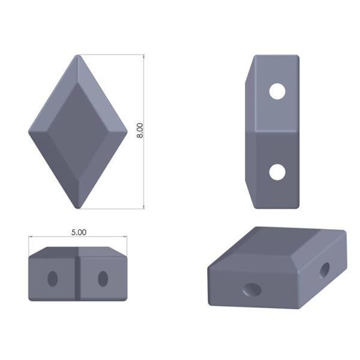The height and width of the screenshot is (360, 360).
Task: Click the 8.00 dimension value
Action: point(140,131)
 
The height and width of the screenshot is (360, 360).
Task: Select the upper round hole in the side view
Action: point(277,92)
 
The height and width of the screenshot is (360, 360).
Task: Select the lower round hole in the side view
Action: point(277,172)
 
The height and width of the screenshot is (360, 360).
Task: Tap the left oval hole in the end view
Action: point(53,278)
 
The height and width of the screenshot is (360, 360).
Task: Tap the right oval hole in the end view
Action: point(103,278)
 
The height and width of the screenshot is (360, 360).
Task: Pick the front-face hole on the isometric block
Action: point(252,290)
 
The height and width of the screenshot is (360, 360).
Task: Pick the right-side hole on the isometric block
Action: point(325,270)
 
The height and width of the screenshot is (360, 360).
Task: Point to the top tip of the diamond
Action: point(78,56)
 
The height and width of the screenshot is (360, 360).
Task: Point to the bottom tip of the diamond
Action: point(78,207)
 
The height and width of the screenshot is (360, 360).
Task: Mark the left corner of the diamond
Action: point(30,130)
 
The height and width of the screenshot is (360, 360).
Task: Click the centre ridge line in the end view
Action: point(78,276)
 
